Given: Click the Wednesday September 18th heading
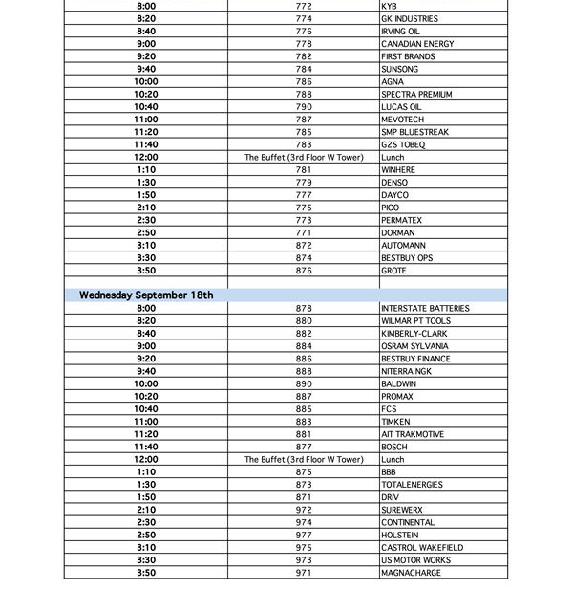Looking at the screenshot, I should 146,295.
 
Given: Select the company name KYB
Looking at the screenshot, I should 389,6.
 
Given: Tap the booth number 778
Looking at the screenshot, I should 304,44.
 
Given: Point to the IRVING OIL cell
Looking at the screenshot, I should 400,32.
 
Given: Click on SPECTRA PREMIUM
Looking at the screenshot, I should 416,95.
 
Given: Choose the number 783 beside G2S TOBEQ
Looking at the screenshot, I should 304,144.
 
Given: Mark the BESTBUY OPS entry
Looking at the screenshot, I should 407,258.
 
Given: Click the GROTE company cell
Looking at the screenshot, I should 393,271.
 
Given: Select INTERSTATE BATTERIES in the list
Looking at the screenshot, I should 425,309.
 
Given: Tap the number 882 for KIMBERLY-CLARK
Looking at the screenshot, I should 304,334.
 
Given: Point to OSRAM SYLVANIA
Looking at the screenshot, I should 414,346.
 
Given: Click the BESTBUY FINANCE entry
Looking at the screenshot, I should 415,359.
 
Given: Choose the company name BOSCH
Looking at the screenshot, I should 393,447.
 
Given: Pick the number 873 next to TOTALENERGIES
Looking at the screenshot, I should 304,485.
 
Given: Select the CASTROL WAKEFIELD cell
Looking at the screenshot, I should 421,548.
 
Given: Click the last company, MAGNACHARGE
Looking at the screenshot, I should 412,573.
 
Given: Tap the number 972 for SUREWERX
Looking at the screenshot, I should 304,510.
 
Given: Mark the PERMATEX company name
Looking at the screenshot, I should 401,220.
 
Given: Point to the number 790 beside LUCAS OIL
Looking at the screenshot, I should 304,107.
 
